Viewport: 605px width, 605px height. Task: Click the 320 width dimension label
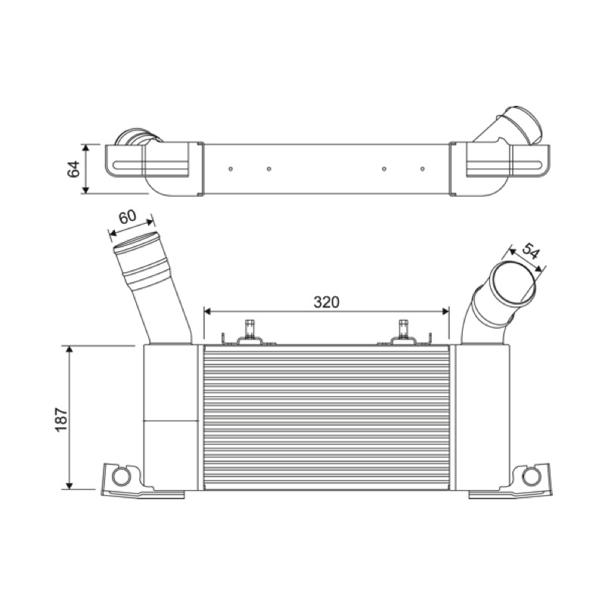[326, 302]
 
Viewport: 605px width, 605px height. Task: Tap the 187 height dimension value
[62, 419]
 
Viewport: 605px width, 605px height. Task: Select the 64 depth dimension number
[73, 169]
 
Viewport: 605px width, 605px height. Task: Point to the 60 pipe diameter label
[127, 216]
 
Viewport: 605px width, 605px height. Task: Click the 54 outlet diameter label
[530, 252]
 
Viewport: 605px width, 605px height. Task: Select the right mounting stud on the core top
[403, 329]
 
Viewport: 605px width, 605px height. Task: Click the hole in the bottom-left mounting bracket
[120, 477]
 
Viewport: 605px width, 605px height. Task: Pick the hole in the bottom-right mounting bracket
[531, 477]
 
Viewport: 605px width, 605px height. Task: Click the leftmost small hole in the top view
[231, 169]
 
